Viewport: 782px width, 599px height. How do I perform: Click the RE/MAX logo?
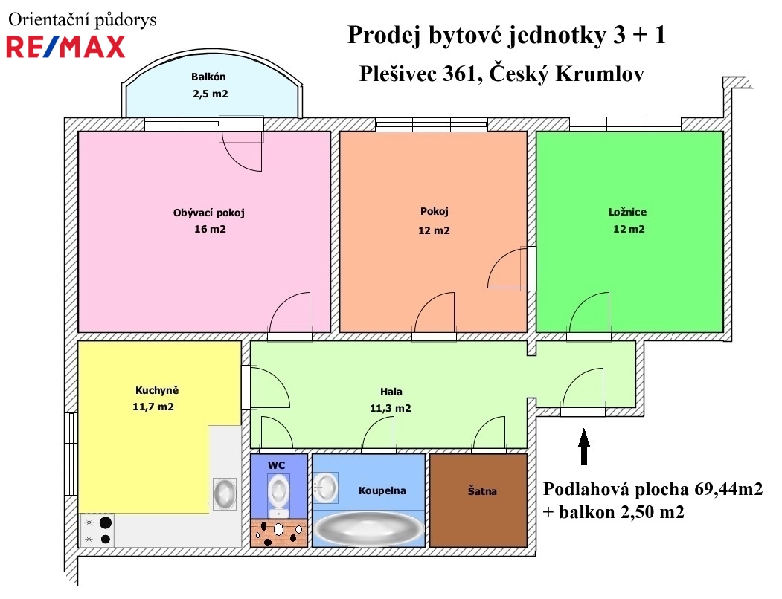pos(65,47)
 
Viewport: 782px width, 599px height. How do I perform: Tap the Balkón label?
pos(208,77)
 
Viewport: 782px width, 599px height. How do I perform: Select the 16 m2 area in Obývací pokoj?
pos(210,229)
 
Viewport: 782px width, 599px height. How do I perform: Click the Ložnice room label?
pos(627,212)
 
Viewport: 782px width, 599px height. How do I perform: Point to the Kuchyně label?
pos(157,390)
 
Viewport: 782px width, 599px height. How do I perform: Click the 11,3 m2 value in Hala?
pos(391,409)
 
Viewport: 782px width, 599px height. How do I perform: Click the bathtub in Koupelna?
pos(368,528)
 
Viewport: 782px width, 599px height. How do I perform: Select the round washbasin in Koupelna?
pos(326,487)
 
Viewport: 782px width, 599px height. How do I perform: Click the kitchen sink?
pos(225,494)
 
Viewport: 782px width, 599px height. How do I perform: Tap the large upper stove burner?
pos(105,522)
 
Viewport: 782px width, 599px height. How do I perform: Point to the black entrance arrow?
pos(584,447)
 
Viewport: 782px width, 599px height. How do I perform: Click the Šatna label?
pos(481,491)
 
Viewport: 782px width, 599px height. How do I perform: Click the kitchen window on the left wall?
pos(71,453)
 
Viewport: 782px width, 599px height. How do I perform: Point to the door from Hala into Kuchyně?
pos(266,388)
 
